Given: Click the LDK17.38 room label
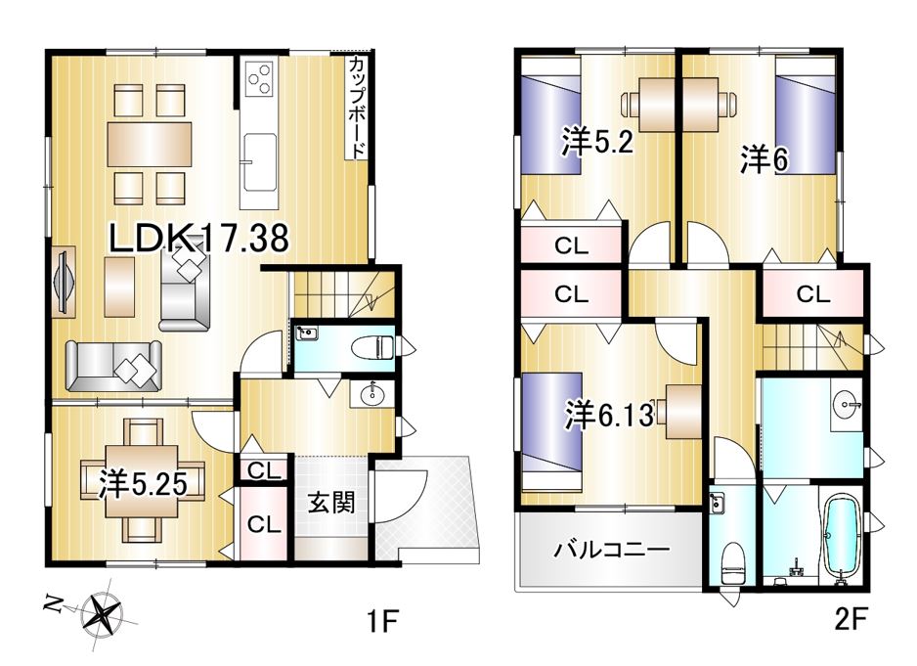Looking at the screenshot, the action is pyautogui.click(x=198, y=239).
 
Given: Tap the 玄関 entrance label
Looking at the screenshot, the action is pyautogui.click(x=331, y=503).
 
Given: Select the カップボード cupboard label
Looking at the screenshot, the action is pyautogui.click(x=357, y=108).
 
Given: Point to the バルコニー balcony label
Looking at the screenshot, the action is pyautogui.click(x=612, y=550).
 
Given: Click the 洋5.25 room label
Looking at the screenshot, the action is pyautogui.click(x=143, y=484).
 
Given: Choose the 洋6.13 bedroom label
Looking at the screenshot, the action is pyautogui.click(x=609, y=415).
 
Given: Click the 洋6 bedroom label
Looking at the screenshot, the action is pyautogui.click(x=764, y=158).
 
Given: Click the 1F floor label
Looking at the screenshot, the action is pyautogui.click(x=383, y=620).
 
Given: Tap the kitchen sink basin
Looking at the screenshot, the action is pyautogui.click(x=260, y=161).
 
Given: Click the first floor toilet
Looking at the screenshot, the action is pyautogui.click(x=371, y=347).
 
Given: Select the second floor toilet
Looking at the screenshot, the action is pyautogui.click(x=732, y=561).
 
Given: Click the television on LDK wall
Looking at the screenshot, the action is pyautogui.click(x=64, y=282).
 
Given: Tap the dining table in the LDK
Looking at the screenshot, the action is pyautogui.click(x=150, y=145).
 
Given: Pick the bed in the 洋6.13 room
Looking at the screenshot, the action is pyautogui.click(x=551, y=432).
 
